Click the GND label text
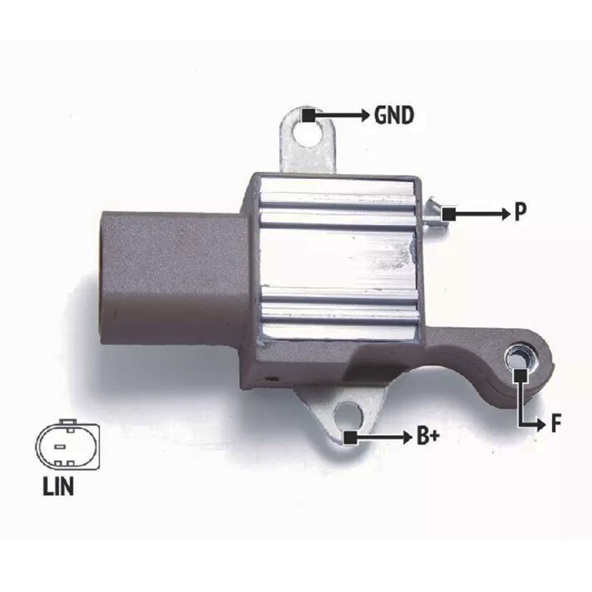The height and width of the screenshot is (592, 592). point(394,115)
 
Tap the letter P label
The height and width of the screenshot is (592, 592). point(520,212)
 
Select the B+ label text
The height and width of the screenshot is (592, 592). point(428,436)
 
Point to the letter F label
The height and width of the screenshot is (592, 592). point(556,423)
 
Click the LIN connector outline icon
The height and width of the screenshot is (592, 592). point(68,445)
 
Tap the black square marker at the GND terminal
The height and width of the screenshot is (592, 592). point(309,115)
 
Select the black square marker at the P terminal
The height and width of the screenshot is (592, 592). point(449,215)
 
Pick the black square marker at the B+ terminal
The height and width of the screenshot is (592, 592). point(349,437)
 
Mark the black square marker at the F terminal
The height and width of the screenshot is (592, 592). point(521,375)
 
